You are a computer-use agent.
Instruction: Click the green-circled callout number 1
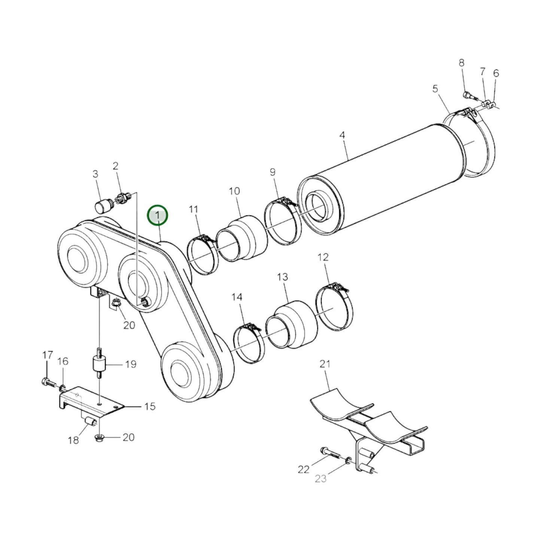158,215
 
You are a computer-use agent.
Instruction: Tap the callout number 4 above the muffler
342,135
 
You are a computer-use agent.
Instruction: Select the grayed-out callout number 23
320,478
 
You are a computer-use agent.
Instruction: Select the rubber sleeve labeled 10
242,237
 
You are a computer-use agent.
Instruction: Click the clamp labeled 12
334,307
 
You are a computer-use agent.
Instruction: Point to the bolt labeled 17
47,382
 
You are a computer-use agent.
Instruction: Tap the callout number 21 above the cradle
325,364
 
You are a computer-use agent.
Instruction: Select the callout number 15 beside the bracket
149,406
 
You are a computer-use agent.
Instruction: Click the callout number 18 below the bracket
73,440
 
